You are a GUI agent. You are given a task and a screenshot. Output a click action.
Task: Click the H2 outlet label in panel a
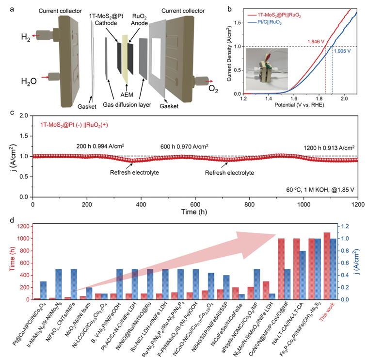(10, 37)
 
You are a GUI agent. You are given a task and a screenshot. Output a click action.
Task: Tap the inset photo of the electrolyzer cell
(266, 68)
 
